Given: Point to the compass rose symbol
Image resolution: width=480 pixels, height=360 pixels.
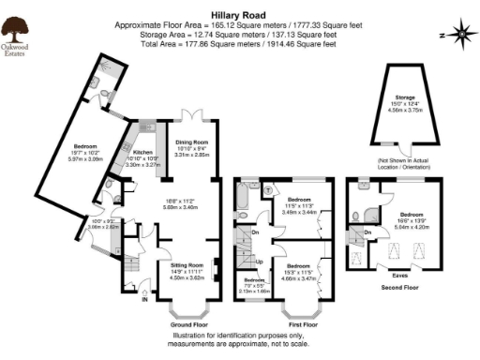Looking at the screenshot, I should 461,35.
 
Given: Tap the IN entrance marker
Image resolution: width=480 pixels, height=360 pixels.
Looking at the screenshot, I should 144,299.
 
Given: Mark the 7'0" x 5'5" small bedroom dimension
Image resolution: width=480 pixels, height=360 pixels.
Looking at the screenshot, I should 254,286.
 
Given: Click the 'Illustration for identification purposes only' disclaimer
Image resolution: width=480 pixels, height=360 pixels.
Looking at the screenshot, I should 239,336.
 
